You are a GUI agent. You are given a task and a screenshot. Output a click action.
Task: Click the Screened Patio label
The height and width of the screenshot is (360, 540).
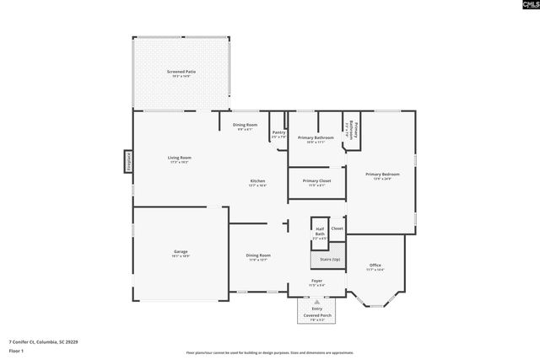tap(181, 73)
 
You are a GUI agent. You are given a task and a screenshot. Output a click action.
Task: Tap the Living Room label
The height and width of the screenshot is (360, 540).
tap(179, 159)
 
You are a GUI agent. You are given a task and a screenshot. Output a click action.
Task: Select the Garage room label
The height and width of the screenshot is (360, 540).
tap(181, 253)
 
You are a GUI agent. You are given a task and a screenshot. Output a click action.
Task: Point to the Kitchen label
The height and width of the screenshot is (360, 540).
tap(257, 183)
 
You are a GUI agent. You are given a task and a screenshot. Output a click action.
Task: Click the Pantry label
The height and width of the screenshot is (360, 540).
tap(278, 134)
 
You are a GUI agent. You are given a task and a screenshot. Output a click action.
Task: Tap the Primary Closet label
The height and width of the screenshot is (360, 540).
tap(316, 183)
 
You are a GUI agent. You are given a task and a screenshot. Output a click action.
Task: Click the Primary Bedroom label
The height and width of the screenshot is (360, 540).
tap(382, 176)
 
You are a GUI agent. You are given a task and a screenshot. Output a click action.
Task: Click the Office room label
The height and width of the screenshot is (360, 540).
tap(375, 267)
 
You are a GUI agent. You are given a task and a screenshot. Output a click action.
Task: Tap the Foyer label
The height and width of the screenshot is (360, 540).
tap(316, 282)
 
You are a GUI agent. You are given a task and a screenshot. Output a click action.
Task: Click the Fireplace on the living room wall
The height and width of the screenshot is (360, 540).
tap(129, 161)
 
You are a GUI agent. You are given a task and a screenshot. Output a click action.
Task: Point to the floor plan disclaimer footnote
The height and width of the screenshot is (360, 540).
tap(270, 352)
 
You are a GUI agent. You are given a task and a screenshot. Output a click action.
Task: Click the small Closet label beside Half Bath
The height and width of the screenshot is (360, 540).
tap(337, 228)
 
